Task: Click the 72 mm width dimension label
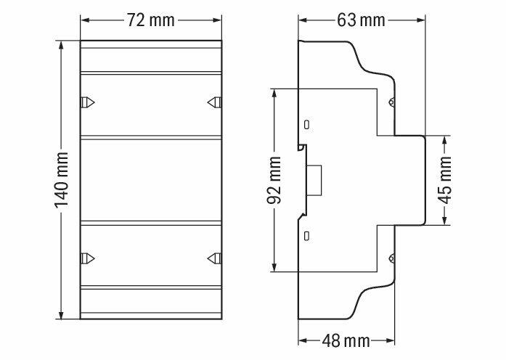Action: click(x=150, y=20)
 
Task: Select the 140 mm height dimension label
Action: click(x=61, y=180)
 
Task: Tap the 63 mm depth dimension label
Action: click(x=361, y=20)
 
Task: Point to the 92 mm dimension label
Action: click(x=274, y=180)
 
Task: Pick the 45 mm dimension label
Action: click(x=446, y=180)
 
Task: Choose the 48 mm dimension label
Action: click(x=346, y=341)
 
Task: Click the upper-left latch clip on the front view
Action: click(x=87, y=102)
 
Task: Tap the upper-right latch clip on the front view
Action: click(x=214, y=102)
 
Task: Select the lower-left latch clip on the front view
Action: click(x=87, y=258)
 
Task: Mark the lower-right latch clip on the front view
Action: click(x=214, y=258)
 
